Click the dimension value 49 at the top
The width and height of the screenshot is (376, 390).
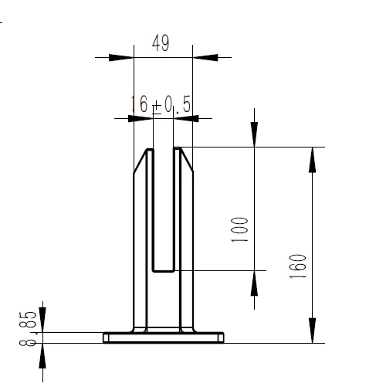pyautogui.click(x=161, y=43)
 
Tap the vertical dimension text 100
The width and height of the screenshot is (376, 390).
pyautogui.click(x=240, y=230)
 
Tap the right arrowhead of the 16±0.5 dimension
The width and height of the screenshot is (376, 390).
pyautogui.click(x=187, y=117)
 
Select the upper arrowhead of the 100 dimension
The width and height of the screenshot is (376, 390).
pyautogui.click(x=255, y=134)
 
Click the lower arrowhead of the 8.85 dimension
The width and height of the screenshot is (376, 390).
pyautogui.click(x=42, y=354)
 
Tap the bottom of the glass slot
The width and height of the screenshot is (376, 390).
pyautogui.click(x=162, y=270)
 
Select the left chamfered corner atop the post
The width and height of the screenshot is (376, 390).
pyautogui.click(x=140, y=161)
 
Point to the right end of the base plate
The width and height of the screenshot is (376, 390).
pyautogui.click(x=222, y=337)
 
